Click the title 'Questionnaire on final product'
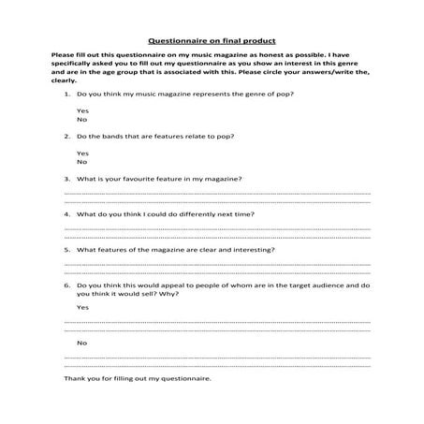click(x=212, y=41)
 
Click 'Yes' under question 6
click(x=82, y=307)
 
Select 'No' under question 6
click(x=81, y=343)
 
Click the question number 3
click(x=66, y=178)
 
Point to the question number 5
click(x=66, y=250)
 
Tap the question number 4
click(x=66, y=214)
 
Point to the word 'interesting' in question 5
click(x=253, y=250)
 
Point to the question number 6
click(x=66, y=285)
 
